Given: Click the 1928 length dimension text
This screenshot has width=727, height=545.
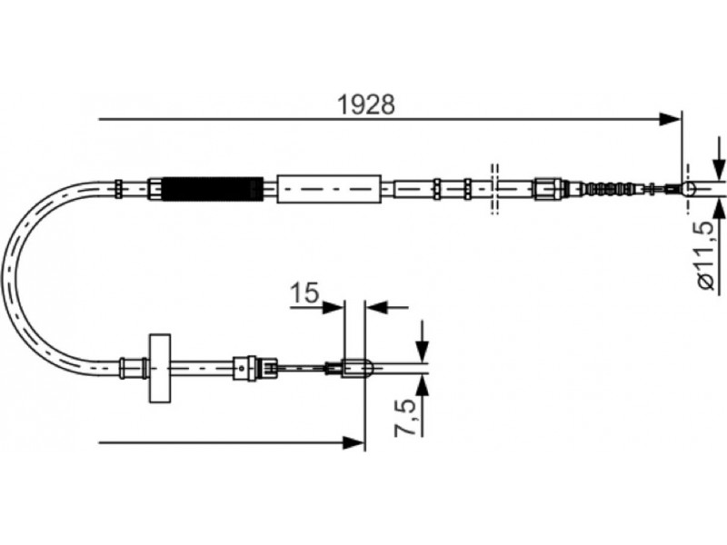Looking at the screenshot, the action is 366,104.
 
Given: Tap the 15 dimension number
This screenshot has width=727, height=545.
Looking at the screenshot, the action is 304,293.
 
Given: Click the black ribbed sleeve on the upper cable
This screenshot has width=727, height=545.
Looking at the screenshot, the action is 214,189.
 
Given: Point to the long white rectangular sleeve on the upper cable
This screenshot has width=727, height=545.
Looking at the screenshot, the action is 329,189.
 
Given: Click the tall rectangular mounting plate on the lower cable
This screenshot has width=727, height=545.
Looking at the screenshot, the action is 160,368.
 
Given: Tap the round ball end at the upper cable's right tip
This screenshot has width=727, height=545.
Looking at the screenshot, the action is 689,189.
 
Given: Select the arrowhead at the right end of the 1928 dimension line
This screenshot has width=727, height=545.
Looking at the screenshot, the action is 671,119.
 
